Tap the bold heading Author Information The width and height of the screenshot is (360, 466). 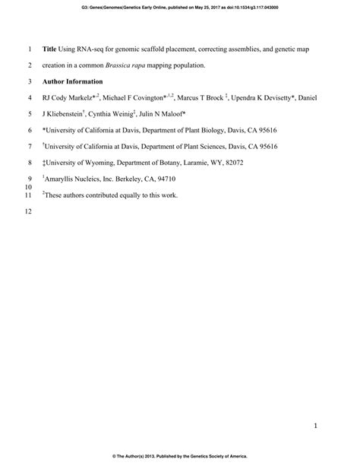74,81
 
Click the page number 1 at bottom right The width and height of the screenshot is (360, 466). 314,426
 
